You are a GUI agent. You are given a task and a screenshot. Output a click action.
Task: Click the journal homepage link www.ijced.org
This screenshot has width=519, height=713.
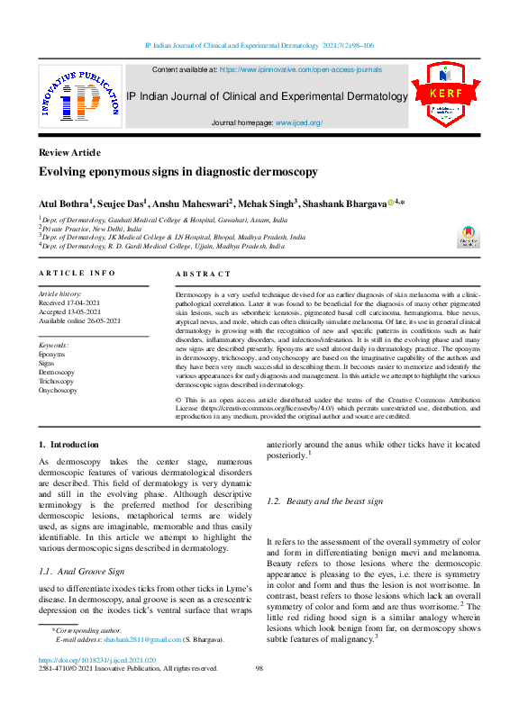(x=298, y=122)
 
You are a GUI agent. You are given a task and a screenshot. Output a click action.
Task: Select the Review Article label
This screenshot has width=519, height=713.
(x=69, y=152)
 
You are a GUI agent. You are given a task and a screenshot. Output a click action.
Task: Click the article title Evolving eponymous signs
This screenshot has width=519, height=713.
(x=178, y=171)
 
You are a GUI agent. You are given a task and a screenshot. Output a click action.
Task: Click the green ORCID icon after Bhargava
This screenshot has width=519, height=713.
(x=391, y=202)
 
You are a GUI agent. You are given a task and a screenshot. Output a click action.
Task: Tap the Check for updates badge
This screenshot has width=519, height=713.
(x=469, y=236)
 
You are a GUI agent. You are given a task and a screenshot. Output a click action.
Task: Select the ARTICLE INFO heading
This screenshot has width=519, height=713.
(x=77, y=273)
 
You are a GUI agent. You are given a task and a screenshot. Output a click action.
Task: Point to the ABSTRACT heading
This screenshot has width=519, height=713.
(x=203, y=274)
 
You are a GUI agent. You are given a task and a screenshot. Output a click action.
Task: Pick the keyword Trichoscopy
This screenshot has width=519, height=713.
(x=58, y=381)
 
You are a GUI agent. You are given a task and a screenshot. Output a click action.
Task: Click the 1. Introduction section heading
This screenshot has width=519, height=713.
(x=68, y=445)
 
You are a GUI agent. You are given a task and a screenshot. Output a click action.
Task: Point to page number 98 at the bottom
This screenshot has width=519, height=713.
(x=259, y=668)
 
